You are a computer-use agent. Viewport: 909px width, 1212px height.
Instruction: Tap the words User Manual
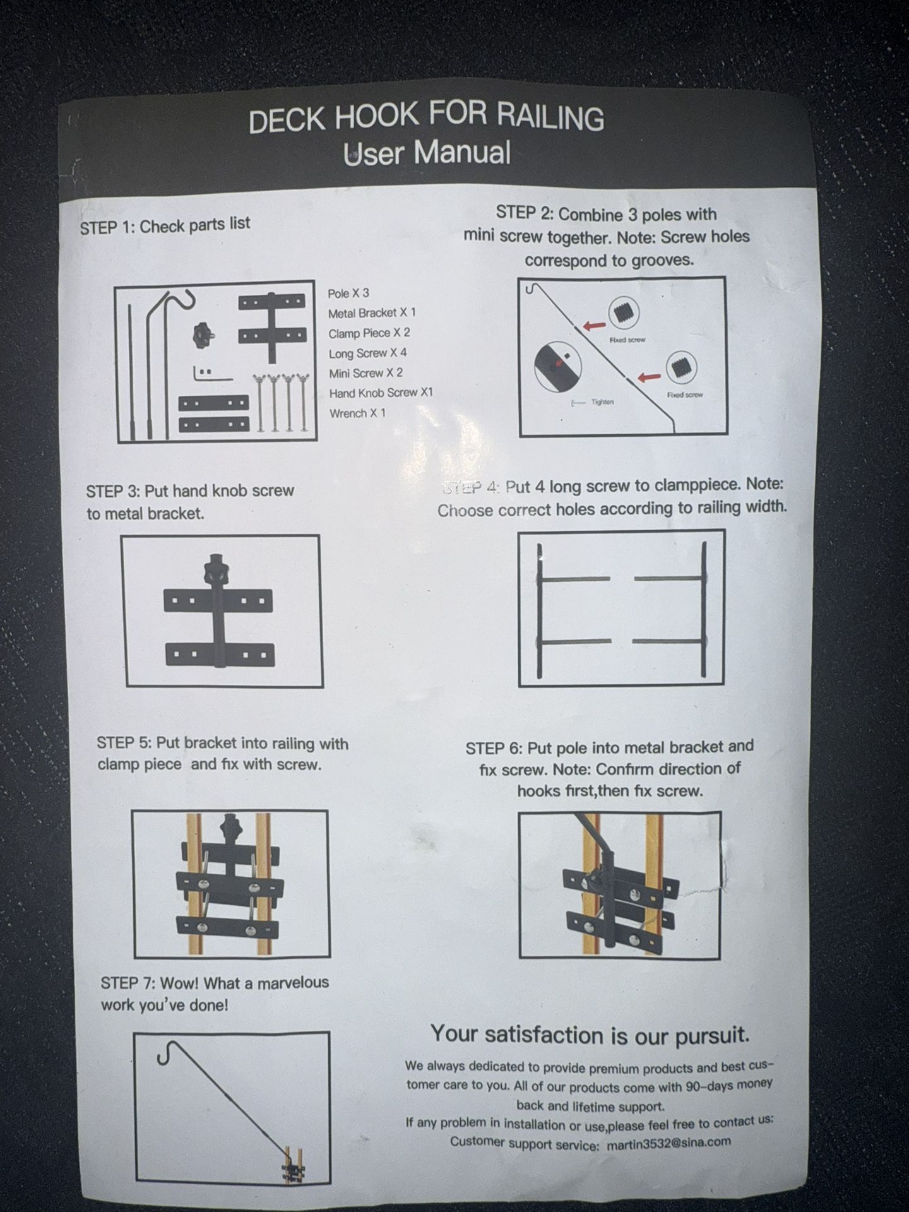coord(427,153)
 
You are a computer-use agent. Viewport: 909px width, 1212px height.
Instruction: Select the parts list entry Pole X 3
coord(348,294)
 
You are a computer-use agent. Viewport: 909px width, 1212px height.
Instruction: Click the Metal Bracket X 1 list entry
coord(372,313)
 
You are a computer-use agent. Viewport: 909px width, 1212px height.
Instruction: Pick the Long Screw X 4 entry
coord(367,353)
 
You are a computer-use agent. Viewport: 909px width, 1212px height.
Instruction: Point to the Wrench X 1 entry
coord(357,413)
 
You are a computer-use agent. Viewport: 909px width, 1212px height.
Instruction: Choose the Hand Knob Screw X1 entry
coord(381,393)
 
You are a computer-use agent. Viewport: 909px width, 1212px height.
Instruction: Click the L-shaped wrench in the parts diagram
coord(211,374)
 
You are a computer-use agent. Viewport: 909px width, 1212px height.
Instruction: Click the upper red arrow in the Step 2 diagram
coord(593,326)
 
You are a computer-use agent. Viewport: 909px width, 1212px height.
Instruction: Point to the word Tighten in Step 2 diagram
coord(602,402)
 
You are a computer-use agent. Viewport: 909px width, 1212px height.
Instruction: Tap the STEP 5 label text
coord(124,743)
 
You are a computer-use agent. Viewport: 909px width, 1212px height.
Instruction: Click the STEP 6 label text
coord(492,749)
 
